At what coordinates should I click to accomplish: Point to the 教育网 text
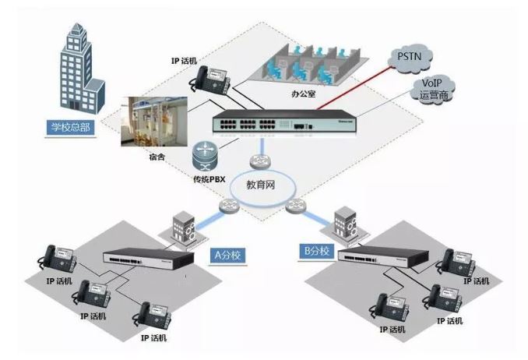pos(262,186)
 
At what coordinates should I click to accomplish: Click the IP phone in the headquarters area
pos(211,77)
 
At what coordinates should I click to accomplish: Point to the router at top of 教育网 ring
pos(259,162)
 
